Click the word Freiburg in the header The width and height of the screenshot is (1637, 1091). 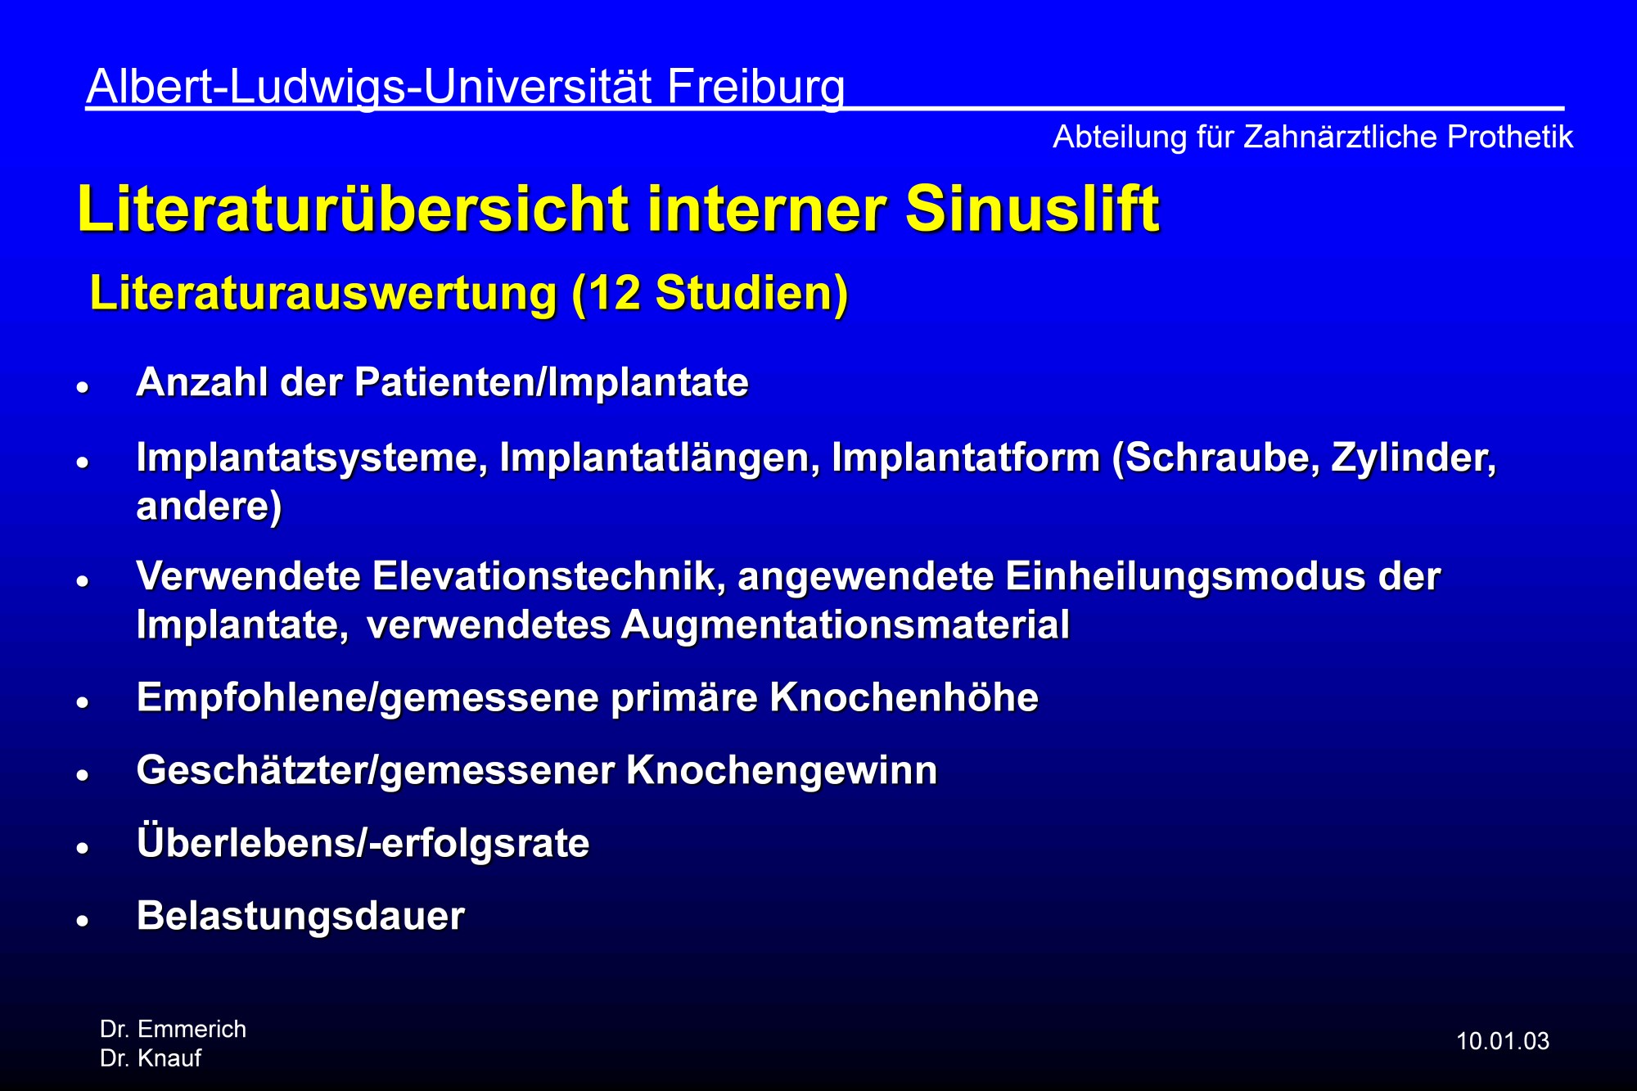(x=755, y=88)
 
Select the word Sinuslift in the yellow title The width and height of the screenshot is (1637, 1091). (x=1032, y=209)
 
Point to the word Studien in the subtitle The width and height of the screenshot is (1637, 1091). (x=745, y=293)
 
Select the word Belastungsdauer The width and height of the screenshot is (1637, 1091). (x=300, y=916)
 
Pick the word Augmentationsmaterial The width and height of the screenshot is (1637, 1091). (x=845, y=625)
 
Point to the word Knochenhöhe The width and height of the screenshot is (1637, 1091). (x=904, y=698)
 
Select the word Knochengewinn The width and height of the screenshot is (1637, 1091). (x=782, y=771)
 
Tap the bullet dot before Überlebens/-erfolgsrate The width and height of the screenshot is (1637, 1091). (x=82, y=848)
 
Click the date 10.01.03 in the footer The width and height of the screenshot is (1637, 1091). (x=1503, y=1041)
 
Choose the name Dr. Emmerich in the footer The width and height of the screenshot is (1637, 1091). (x=173, y=1029)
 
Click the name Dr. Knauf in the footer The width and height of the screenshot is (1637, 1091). (x=151, y=1058)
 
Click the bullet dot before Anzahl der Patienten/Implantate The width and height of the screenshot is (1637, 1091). (x=82, y=387)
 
